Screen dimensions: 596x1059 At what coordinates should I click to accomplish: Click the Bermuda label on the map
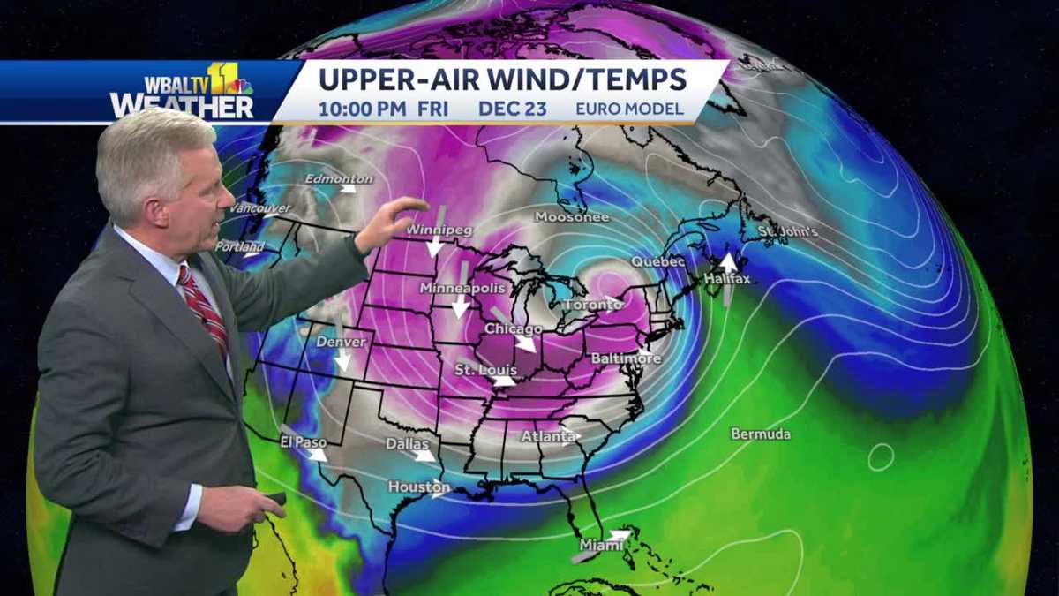(x=761, y=434)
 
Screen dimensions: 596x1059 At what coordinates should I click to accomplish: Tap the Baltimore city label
(x=626, y=358)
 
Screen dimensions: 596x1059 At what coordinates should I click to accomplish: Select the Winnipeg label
(x=439, y=230)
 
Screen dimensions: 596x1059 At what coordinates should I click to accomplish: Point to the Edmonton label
(x=338, y=179)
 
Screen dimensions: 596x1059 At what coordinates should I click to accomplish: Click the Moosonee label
(x=571, y=217)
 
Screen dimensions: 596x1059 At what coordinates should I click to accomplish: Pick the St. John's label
(x=788, y=232)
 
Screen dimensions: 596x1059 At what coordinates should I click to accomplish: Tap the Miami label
(x=600, y=546)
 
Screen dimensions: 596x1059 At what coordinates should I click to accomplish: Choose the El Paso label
(x=303, y=441)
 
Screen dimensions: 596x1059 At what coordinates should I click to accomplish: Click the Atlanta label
(x=547, y=436)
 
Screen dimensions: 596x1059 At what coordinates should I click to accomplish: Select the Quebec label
(x=657, y=262)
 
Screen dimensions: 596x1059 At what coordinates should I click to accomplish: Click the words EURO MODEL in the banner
(x=629, y=109)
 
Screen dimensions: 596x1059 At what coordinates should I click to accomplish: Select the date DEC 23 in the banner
(x=513, y=109)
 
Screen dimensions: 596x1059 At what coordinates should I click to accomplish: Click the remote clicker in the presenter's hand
(x=277, y=499)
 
